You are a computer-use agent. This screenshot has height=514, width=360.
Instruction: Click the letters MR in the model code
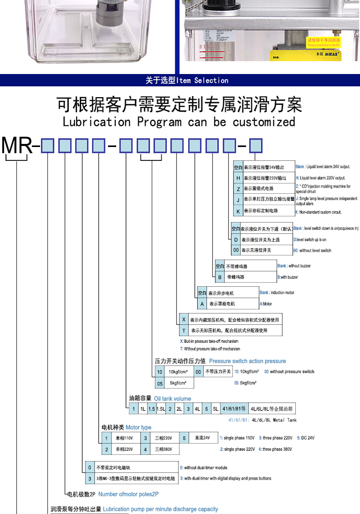pos(17,146)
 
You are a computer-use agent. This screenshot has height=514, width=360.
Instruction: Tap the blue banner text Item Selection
pos(202,80)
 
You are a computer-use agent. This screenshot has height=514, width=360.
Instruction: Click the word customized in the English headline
pos(264,122)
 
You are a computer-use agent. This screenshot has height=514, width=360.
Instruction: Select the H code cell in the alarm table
pos(238,178)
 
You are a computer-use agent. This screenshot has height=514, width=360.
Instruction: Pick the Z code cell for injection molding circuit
pos(238,189)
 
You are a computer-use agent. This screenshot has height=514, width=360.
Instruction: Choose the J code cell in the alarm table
pos(238,200)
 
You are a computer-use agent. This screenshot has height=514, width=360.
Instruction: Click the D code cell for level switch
pos(236,240)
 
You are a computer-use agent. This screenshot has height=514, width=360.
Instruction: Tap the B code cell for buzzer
pos(220,277)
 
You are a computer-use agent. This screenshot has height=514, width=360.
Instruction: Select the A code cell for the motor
pos(202,304)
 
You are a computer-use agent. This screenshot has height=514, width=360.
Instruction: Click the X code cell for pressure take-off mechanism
pos(183,319)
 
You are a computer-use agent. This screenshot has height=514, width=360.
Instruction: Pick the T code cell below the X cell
pos(183,331)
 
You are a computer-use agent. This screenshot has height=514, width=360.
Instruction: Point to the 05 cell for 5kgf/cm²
pos(160,383)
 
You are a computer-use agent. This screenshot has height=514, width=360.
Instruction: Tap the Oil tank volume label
pos(172,398)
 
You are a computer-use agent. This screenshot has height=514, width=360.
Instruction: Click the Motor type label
pos(139,428)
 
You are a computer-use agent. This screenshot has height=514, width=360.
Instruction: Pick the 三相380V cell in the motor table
pos(165,450)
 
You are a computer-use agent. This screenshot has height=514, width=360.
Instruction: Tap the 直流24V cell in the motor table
pos(203,438)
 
